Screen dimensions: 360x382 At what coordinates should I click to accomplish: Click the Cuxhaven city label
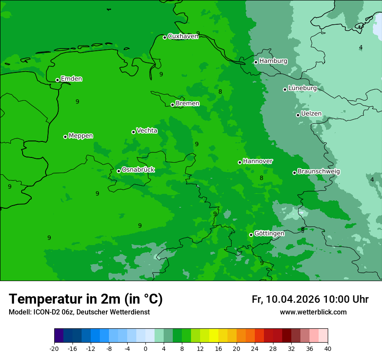183,36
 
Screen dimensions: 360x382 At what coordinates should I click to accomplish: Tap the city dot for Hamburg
256,62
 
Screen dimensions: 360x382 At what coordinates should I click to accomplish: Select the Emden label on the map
71,79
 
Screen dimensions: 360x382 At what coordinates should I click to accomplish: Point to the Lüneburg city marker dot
285,89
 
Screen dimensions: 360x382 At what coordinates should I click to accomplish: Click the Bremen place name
188,104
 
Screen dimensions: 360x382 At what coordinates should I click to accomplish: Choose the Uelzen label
311,114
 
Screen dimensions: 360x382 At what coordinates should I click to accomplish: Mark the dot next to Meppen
66,137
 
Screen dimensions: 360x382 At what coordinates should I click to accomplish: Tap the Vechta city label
147,131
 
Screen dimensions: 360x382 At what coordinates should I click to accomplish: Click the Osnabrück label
138,170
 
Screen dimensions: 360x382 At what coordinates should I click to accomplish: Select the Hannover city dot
240,162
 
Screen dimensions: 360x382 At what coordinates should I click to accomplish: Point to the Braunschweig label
319,172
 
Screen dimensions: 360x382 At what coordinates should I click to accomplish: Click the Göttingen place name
269,234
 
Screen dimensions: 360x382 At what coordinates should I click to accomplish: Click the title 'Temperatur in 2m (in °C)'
86,299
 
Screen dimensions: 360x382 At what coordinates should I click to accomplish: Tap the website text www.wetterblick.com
313,312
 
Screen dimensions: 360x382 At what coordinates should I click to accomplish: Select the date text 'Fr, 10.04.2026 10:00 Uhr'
310,299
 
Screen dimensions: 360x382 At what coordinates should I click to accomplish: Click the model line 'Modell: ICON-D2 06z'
79,312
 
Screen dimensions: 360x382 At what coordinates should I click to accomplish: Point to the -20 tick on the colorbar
54,349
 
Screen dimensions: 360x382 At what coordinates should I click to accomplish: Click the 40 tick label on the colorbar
327,349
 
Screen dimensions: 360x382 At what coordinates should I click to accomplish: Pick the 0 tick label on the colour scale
145,349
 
